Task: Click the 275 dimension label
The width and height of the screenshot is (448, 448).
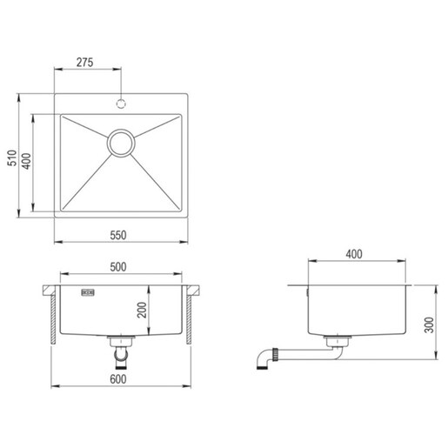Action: (x=84, y=63)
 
